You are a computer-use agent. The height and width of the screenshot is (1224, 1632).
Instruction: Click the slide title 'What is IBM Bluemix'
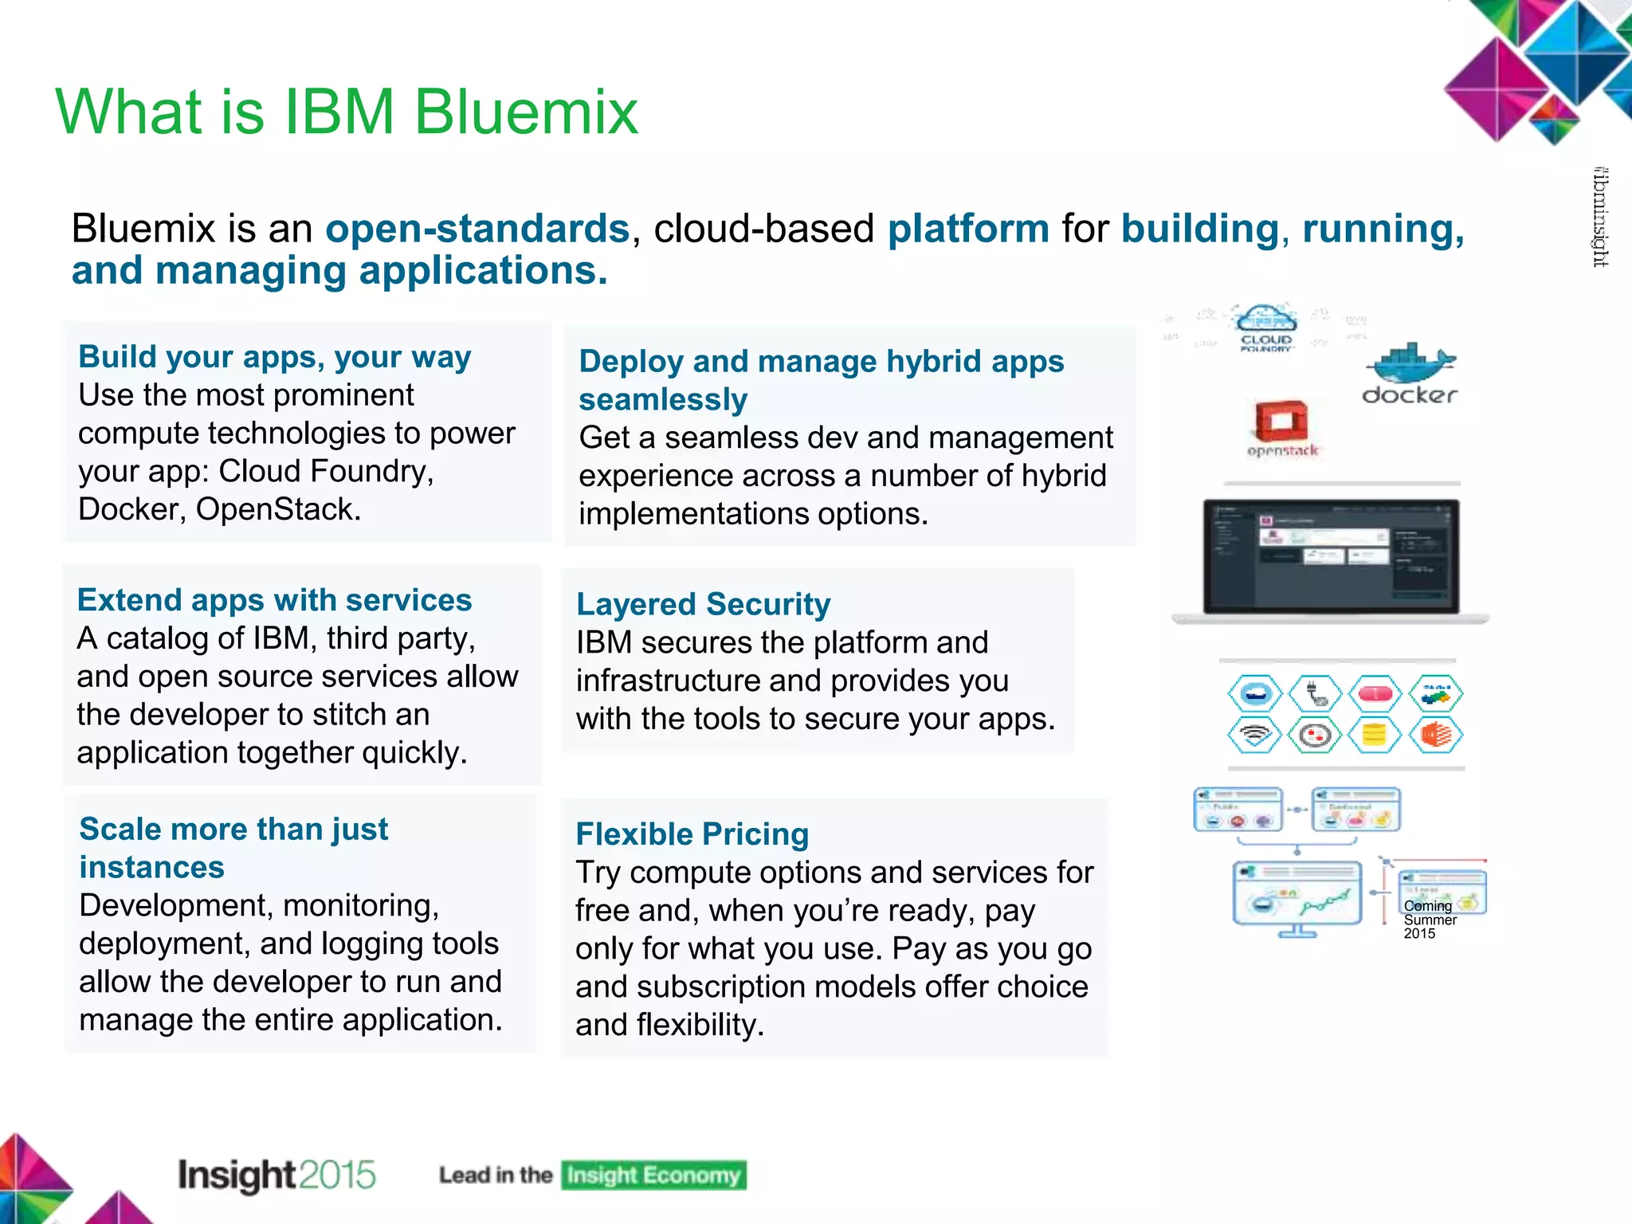click(x=347, y=112)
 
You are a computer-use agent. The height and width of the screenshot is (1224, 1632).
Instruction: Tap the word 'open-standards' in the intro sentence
click(x=477, y=229)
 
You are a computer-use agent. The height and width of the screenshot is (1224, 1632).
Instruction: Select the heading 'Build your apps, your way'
click(x=274, y=356)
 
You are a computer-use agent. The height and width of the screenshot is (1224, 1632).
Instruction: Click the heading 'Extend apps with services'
click(x=274, y=600)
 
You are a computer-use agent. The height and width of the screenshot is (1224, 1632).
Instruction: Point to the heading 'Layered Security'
click(x=703, y=604)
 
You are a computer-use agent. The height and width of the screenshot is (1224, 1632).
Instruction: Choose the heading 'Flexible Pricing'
click(x=692, y=834)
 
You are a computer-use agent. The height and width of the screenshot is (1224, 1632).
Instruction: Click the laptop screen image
click(x=1331, y=556)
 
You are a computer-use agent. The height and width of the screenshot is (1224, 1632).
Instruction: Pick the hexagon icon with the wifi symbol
click(x=1255, y=735)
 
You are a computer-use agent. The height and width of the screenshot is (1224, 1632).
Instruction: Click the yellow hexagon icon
click(x=1375, y=735)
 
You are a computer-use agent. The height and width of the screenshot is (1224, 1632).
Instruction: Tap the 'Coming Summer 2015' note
click(x=1429, y=920)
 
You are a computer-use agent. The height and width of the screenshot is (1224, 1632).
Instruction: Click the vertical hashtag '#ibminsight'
click(x=1600, y=217)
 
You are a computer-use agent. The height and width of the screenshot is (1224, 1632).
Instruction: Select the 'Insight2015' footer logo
click(x=277, y=1175)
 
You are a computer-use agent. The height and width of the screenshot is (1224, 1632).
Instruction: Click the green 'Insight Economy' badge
click(x=653, y=1175)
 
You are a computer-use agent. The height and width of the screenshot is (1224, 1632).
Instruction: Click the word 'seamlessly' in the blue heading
click(x=663, y=399)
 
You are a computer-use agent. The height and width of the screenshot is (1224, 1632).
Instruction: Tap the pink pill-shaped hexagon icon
click(x=1375, y=693)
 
